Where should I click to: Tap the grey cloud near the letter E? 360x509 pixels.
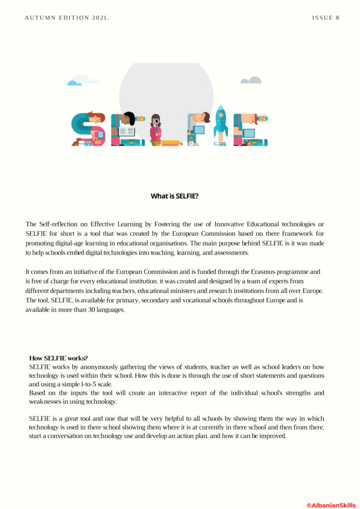click(x=251, y=81)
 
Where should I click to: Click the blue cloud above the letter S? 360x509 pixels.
click(x=75, y=83)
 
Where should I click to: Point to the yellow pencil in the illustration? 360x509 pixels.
click(x=172, y=143)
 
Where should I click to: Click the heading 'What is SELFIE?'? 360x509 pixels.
click(x=175, y=196)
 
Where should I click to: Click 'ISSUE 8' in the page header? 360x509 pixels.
click(x=326, y=18)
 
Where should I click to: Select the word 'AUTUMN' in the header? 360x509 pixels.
click(x=38, y=18)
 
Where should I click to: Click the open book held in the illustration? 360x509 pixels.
click(x=127, y=132)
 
